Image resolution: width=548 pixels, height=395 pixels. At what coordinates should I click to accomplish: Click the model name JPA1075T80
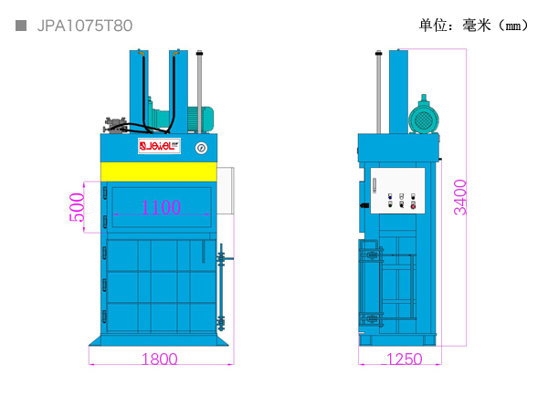pyautogui.click(x=85, y=26)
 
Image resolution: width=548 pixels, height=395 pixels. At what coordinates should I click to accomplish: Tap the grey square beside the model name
pyautogui.click(x=21, y=26)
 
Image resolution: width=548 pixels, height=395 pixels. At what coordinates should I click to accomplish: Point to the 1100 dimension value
pyautogui.click(x=161, y=207)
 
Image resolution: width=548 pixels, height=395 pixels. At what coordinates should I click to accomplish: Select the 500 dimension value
pyautogui.click(x=77, y=208)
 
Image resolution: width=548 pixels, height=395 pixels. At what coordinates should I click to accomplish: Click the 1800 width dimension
pyautogui.click(x=159, y=359)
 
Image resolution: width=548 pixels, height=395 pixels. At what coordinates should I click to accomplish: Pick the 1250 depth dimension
pyautogui.click(x=405, y=359)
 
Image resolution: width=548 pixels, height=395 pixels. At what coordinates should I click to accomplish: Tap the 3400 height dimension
pyautogui.click(x=460, y=197)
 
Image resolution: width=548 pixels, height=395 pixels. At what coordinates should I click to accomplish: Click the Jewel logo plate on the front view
pyautogui.click(x=159, y=146)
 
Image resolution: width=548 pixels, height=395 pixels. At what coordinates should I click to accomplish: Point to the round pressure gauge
pyautogui.click(x=201, y=148)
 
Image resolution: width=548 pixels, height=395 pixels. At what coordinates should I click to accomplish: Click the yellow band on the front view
pyautogui.click(x=159, y=172)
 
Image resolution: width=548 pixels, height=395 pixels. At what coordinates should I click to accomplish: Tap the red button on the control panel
pyautogui.click(x=413, y=206)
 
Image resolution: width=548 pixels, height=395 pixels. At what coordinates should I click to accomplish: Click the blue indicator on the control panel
pyautogui.click(x=390, y=197)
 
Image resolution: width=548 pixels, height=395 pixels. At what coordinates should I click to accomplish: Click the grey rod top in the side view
pyautogui.click(x=378, y=53)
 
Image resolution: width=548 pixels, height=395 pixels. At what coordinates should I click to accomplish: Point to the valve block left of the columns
pyautogui.click(x=115, y=125)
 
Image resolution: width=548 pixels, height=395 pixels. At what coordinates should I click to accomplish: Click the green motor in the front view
pyautogui.click(x=201, y=119)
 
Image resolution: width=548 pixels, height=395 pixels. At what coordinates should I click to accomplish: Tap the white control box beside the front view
pyautogui.click(x=226, y=191)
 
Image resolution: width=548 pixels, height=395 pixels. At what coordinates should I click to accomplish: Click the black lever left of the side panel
pyautogui.click(x=364, y=205)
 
